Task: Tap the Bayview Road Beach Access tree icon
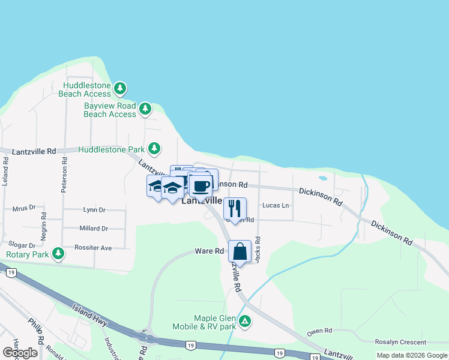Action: (x=145, y=109)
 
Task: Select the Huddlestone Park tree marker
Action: (x=155, y=148)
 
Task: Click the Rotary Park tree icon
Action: (x=58, y=254)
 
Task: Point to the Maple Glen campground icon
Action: (x=245, y=322)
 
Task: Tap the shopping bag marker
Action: (x=240, y=252)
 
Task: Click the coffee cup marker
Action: (x=200, y=184)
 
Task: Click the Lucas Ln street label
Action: (x=276, y=205)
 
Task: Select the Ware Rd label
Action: (x=209, y=251)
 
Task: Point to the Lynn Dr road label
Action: (x=94, y=210)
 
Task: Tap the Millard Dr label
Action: (x=94, y=229)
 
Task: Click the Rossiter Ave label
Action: (x=93, y=247)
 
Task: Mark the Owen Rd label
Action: (x=319, y=331)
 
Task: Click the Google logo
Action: (x=20, y=353)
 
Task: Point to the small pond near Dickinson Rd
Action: (x=324, y=178)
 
